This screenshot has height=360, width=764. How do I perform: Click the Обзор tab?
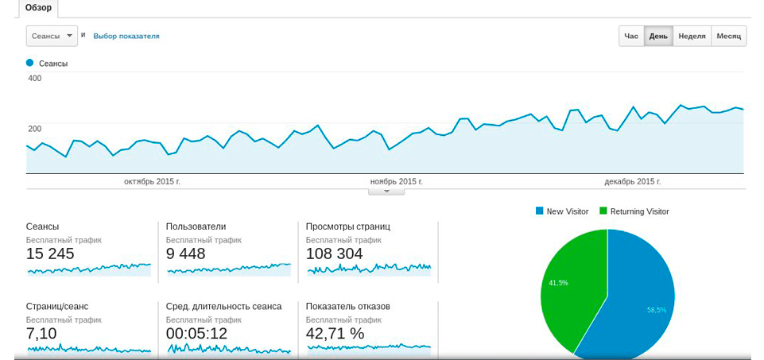[38, 8]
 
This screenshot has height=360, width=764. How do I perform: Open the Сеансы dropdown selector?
[52, 36]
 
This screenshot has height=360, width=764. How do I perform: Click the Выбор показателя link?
[126, 36]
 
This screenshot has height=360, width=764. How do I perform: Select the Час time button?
[631, 37]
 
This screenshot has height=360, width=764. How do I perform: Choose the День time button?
[658, 37]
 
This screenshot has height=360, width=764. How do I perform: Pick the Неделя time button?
[692, 37]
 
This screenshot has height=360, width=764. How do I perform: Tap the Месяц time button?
[728, 37]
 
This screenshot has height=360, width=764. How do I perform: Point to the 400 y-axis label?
[35, 78]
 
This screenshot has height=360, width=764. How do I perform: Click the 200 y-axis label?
[35, 129]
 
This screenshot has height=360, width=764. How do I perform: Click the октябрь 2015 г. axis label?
[152, 182]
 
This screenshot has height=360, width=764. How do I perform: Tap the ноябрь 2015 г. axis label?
[395, 182]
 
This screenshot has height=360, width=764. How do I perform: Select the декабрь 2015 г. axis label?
[632, 182]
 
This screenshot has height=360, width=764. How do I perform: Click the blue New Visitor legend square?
[540, 211]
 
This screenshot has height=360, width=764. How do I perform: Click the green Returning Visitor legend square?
[603, 211]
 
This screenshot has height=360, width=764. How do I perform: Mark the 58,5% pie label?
[656, 310]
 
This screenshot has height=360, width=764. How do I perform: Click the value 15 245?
[50, 254]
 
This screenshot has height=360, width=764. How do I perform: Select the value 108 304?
[334, 254]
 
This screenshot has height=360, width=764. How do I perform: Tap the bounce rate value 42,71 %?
[335, 334]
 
